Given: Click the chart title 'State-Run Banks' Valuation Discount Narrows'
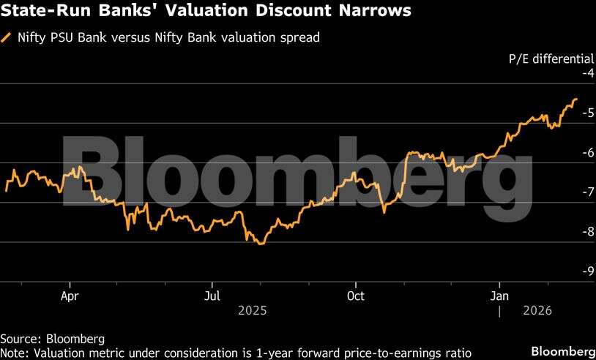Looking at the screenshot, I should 206,12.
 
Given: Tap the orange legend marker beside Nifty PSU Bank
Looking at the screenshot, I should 7,37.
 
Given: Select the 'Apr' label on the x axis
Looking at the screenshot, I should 70,296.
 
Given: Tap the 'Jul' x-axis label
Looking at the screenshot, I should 212,296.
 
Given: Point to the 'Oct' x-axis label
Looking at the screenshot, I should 356,296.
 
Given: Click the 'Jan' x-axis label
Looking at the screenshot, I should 500,296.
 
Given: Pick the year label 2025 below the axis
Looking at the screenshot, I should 253,310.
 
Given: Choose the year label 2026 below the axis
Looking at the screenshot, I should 538,310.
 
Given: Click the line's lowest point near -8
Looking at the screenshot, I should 261,243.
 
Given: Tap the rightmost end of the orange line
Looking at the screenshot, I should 576,99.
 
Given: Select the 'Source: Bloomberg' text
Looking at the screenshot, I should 52,339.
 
